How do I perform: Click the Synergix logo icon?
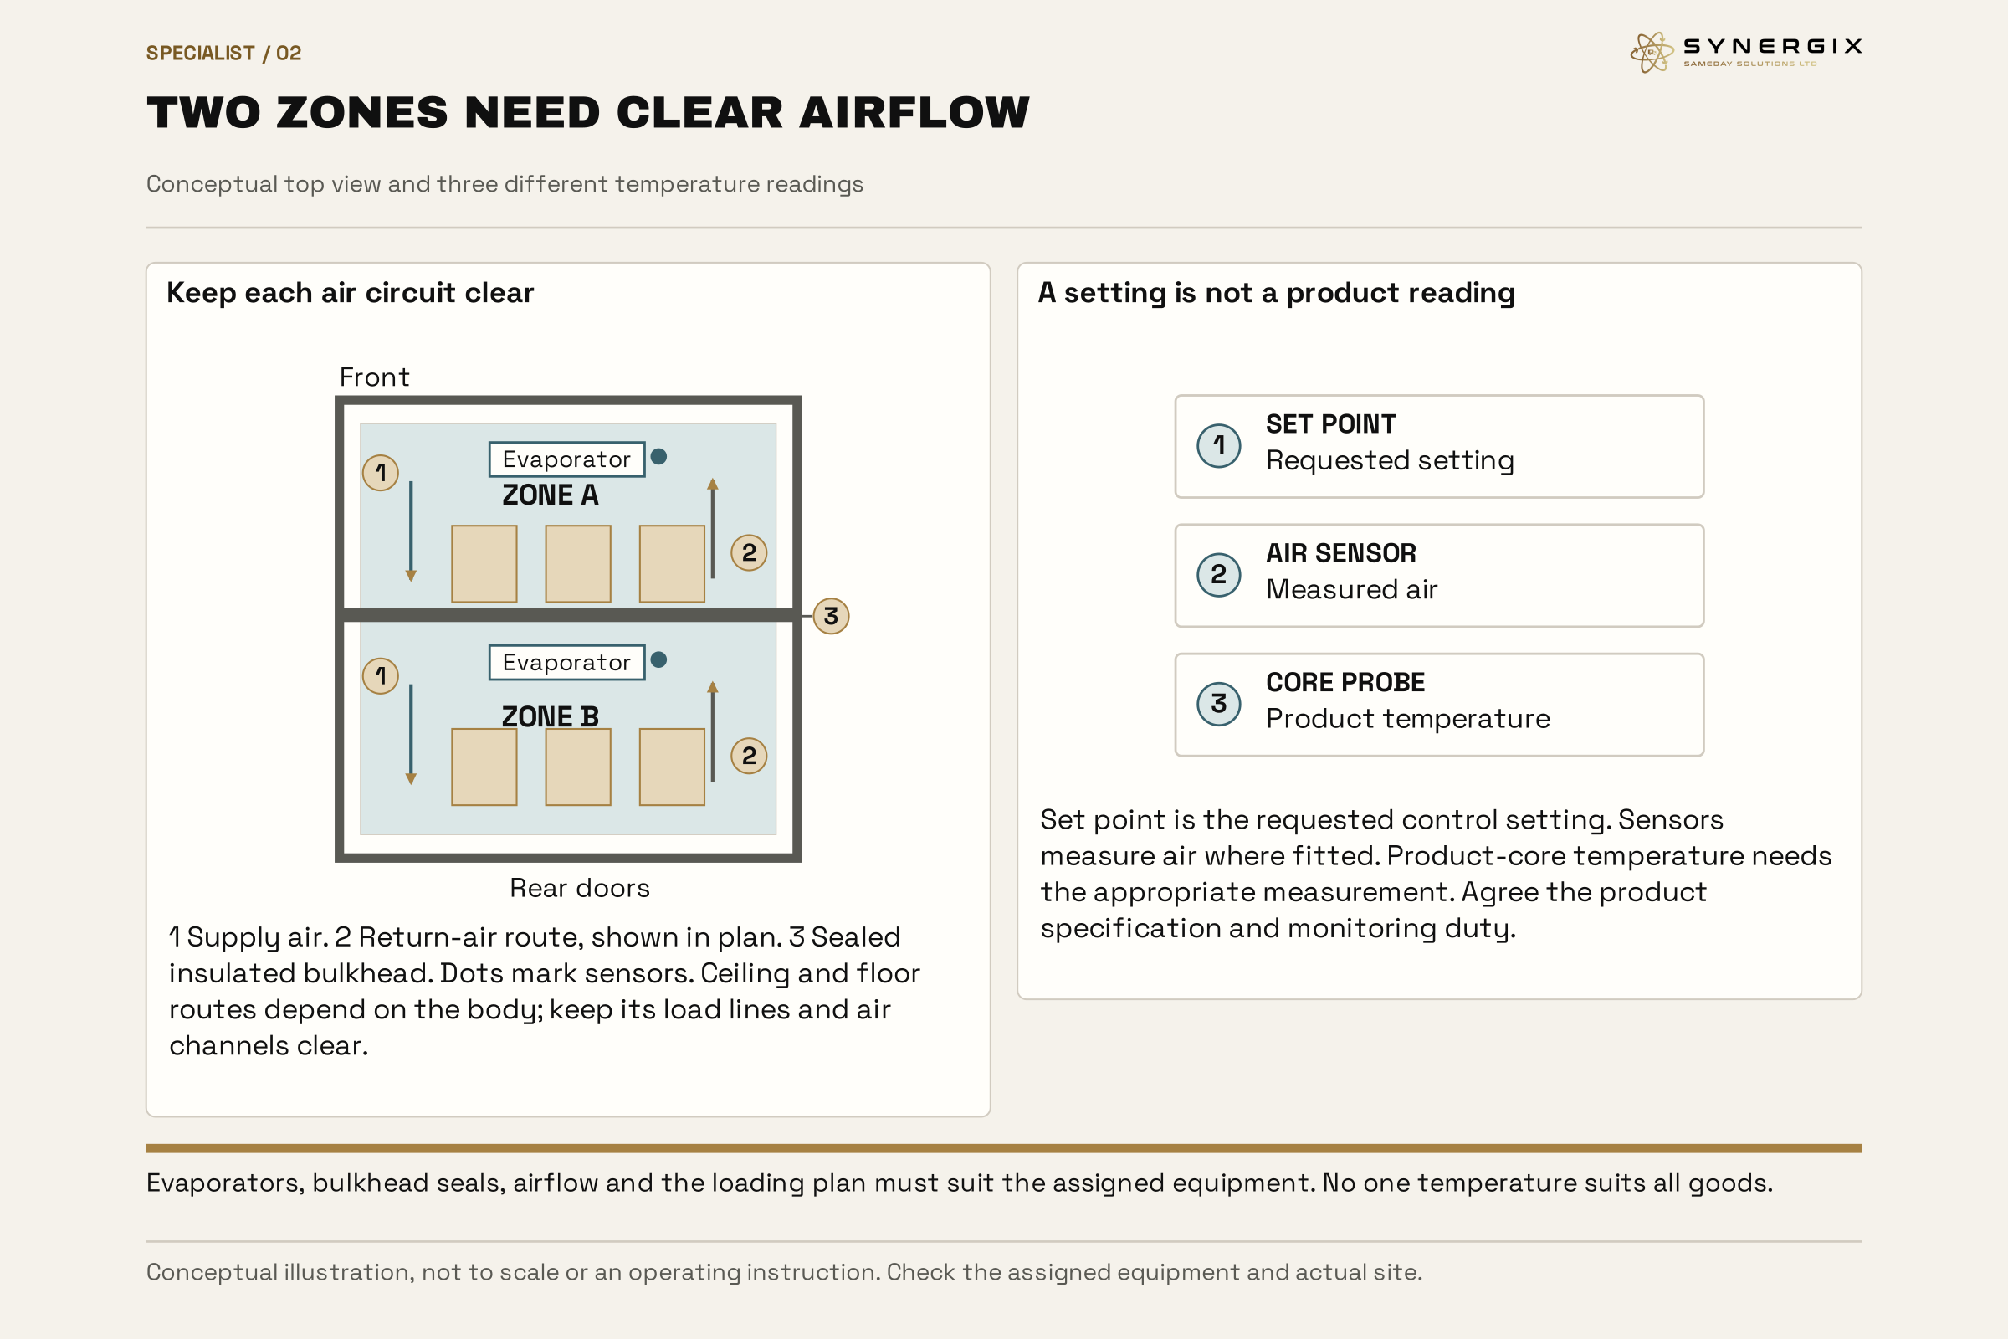[1651, 53]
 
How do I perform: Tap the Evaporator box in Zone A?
[567, 459]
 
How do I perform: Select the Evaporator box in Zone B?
[567, 663]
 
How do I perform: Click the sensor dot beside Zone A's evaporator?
[659, 457]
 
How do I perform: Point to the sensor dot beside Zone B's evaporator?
[659, 660]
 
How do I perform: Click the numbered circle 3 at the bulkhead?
[831, 617]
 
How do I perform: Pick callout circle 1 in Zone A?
[381, 473]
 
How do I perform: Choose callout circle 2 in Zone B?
[749, 757]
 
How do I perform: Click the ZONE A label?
[551, 495]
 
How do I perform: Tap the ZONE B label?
[551, 717]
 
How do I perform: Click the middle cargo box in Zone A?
[578, 563]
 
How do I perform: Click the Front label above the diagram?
[375, 377]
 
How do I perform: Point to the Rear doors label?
[580, 889]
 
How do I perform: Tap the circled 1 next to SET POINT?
[1219, 446]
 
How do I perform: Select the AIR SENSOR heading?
[1341, 553]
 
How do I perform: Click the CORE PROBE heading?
[1345, 683]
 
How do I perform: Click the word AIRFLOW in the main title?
[914, 113]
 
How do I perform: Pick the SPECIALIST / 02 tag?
[223, 54]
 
